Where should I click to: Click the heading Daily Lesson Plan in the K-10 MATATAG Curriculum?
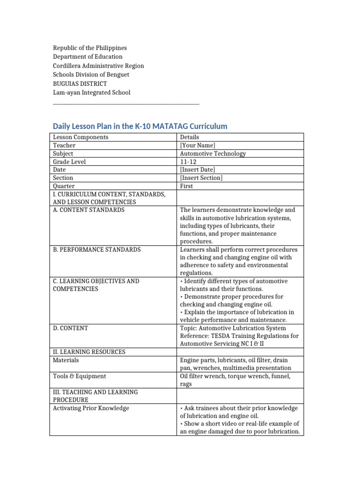pos(140,126)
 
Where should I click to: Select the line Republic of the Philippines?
pos(90,48)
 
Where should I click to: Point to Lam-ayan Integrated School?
pos(91,92)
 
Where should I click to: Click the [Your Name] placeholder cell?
pos(197,145)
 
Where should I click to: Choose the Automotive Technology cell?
pos(212,153)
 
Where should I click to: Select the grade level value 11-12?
pos(187,162)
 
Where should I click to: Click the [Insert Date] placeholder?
pos(197,170)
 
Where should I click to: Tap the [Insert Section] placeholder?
pos(201,178)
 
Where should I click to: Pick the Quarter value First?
pos(186,186)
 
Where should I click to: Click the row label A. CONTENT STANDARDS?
pos(89,210)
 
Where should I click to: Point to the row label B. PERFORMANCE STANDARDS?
pos(97,249)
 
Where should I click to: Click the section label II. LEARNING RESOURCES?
pos(89,352)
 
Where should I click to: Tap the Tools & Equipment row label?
pos(79,376)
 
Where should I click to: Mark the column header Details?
pos(189,137)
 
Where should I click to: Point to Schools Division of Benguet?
pos(91,75)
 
